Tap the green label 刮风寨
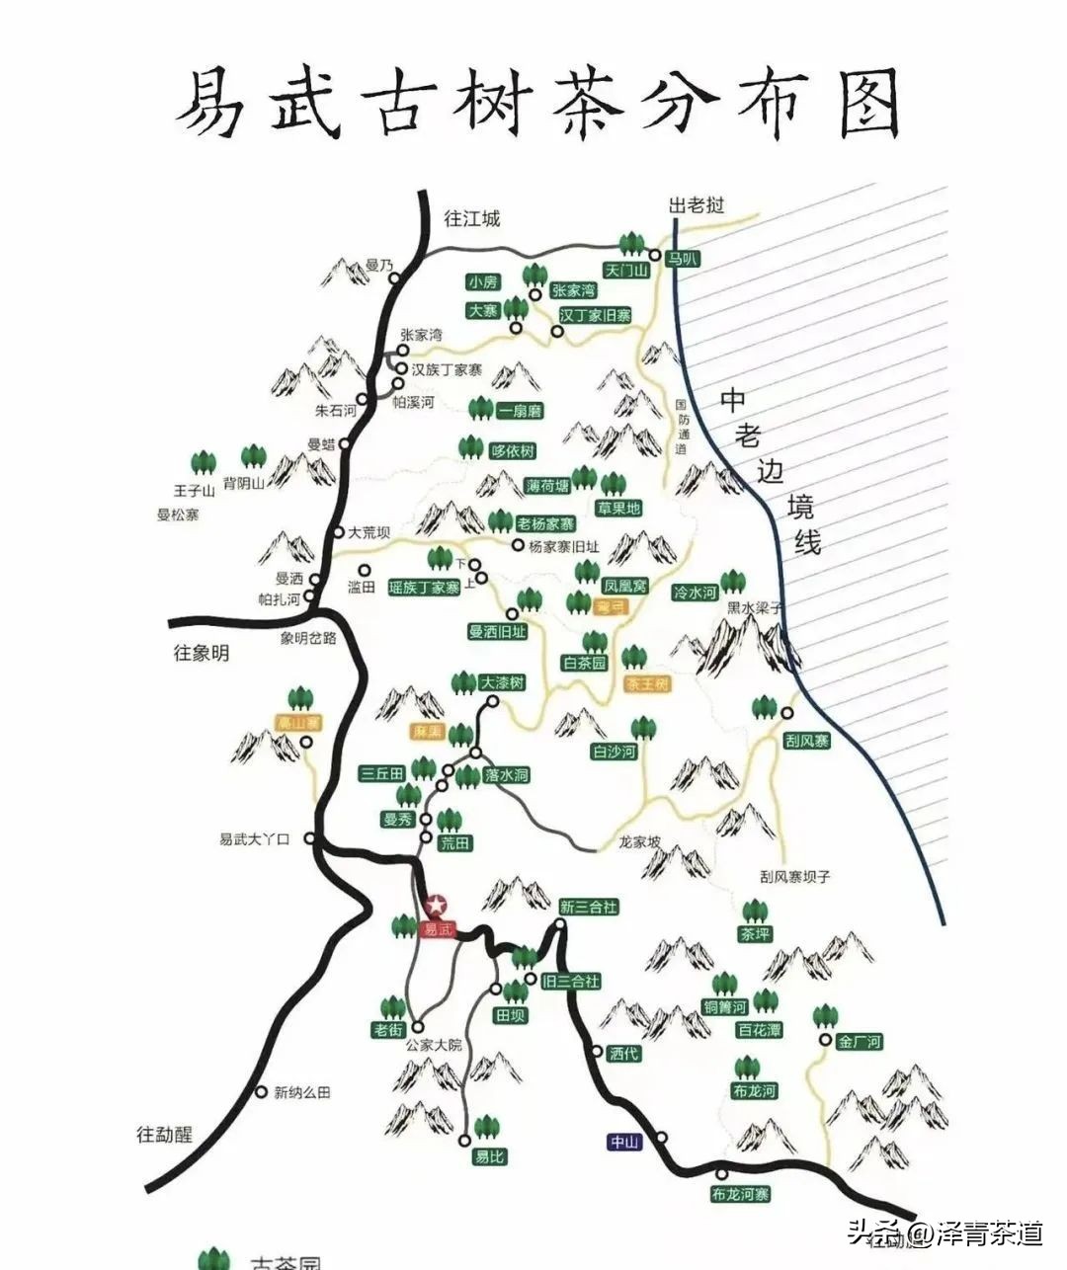[x=807, y=741]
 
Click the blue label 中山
[x=624, y=1142]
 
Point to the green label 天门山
[x=626, y=270]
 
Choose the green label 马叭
[x=682, y=259]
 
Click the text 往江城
[x=472, y=218]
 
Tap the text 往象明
[x=202, y=653]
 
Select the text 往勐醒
[x=164, y=1135]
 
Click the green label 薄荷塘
[x=547, y=486]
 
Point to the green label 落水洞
[x=507, y=776]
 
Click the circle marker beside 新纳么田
[x=261, y=1092]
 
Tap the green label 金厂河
[x=860, y=1042]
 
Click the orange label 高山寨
[x=298, y=724]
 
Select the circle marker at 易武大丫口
[x=309, y=838]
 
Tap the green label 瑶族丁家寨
[x=425, y=588]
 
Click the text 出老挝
[x=697, y=205]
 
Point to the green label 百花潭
[x=759, y=1030]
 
